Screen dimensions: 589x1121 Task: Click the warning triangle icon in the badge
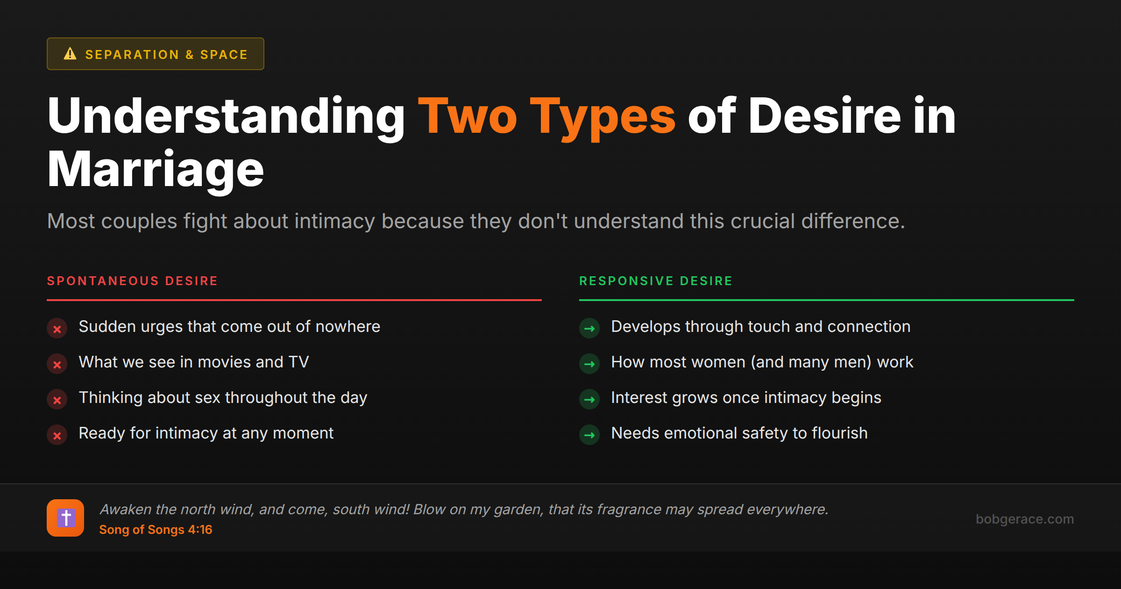pyautogui.click(x=70, y=54)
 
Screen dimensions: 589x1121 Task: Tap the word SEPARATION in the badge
pyautogui.click(x=132, y=55)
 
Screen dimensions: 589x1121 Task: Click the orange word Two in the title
pyautogui.click(x=468, y=116)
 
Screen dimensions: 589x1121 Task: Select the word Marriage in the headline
pyautogui.click(x=156, y=170)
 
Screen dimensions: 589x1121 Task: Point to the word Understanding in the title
pyautogui.click(x=227, y=116)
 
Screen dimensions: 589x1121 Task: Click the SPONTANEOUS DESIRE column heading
pyautogui.click(x=132, y=281)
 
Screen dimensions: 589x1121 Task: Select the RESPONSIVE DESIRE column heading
pyautogui.click(x=656, y=281)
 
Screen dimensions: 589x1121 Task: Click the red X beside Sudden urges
pyautogui.click(x=57, y=329)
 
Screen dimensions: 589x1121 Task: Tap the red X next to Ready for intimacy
pyautogui.click(x=57, y=435)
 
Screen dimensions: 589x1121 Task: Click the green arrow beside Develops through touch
pyautogui.click(x=589, y=329)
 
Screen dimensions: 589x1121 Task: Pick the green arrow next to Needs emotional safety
pyautogui.click(x=589, y=435)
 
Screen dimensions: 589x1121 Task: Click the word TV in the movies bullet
pyautogui.click(x=298, y=362)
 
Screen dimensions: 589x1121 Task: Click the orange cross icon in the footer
pyautogui.click(x=65, y=518)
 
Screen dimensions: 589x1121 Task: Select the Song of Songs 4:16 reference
pyautogui.click(x=156, y=530)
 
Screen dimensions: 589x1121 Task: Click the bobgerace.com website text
pyautogui.click(x=1024, y=519)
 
